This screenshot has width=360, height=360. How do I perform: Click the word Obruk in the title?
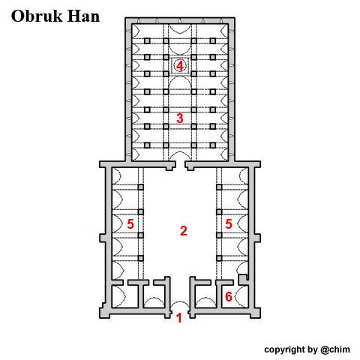(37, 16)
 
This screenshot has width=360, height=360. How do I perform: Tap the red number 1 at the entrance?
(179, 318)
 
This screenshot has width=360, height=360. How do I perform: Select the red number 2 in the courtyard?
(184, 231)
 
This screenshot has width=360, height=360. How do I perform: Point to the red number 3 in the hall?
(180, 118)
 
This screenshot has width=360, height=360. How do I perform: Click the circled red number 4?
(180, 66)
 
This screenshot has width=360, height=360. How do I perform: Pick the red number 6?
(229, 296)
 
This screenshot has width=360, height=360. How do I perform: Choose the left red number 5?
(130, 224)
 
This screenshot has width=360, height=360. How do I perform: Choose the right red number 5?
(229, 224)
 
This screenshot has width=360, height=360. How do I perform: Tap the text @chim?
(335, 349)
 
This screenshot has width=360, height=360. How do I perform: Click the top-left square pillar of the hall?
(147, 40)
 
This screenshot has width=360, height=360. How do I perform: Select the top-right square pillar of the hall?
(213, 40)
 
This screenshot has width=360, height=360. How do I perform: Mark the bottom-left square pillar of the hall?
(147, 145)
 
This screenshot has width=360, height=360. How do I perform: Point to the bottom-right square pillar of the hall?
(213, 145)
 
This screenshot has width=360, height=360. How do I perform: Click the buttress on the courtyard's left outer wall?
(103, 238)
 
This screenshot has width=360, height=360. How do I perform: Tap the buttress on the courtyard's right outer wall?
(257, 238)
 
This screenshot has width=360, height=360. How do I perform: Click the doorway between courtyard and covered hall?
(180, 165)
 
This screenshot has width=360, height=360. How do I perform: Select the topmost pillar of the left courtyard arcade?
(141, 187)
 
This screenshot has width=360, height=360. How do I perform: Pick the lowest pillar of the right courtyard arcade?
(219, 258)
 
